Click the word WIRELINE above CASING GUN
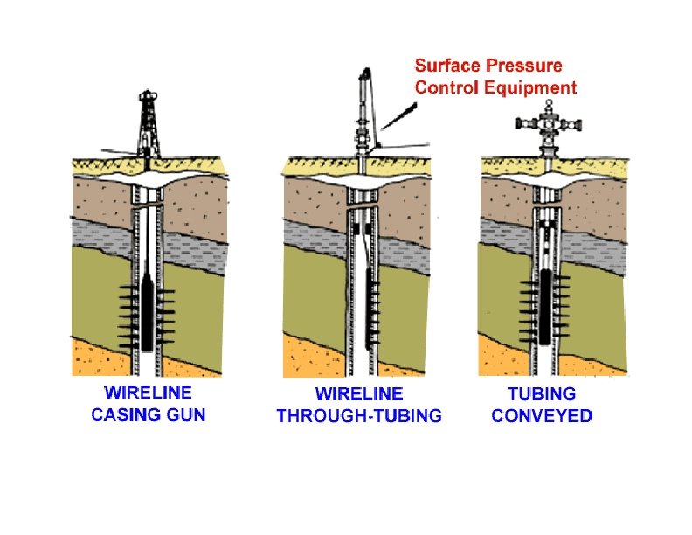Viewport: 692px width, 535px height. coord(148,393)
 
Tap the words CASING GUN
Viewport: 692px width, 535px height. coord(148,414)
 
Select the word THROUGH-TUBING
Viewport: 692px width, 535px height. coord(359,416)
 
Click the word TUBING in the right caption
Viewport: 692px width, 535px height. coord(542,394)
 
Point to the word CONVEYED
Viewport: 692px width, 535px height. coord(542,416)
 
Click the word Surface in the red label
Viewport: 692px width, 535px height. coord(445,66)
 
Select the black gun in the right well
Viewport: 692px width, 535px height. coord(544,306)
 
